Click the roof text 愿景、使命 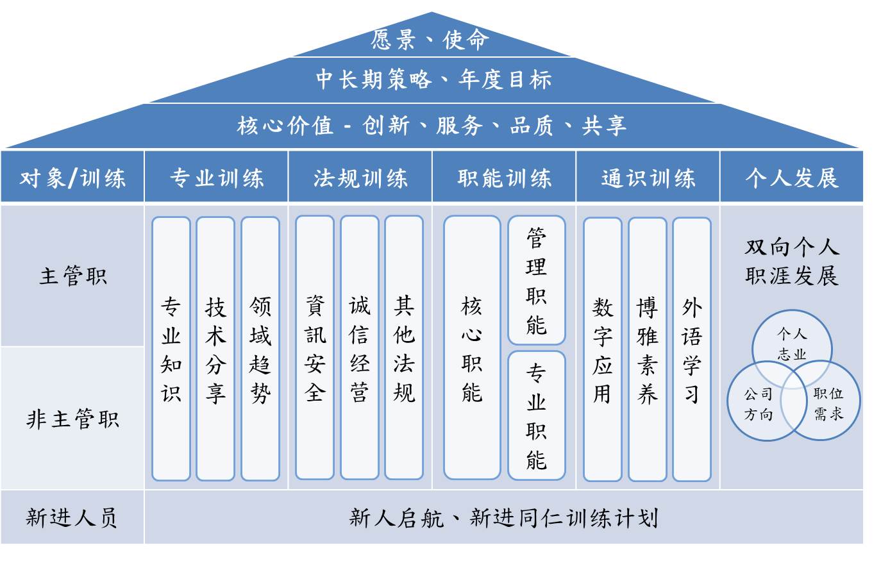(430, 40)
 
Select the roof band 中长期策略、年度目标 (433, 79)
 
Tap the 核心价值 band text (432, 125)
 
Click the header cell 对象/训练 (72, 178)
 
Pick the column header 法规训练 (360, 178)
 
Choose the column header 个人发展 (791, 178)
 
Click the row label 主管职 (72, 276)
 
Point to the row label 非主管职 (72, 419)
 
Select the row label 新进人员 (72, 517)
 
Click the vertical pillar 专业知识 (171, 349)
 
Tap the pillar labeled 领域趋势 (260, 349)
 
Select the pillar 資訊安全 (315, 348)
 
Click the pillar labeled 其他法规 (404, 348)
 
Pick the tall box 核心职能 (472, 348)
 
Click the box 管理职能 (537, 281)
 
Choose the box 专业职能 (537, 415)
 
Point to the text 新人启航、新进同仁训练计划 (503, 517)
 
